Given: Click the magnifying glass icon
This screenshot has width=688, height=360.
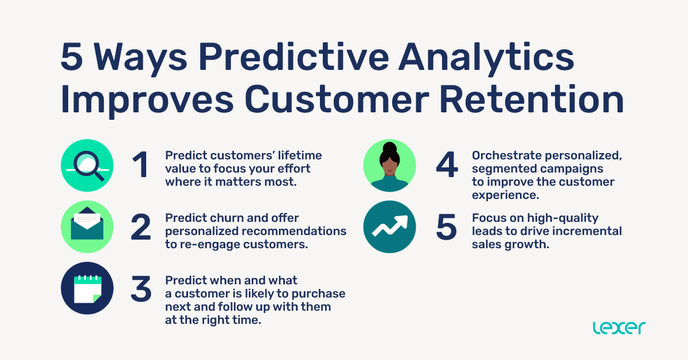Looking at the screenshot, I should (87, 166).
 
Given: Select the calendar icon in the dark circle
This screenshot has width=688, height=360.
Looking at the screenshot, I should (87, 288).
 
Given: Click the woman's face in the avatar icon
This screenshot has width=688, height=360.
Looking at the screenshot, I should (389, 163).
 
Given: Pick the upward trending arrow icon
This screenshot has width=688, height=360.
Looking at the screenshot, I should (389, 227).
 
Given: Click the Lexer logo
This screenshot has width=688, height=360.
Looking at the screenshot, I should (619, 327).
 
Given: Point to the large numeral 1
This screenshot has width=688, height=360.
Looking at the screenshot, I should (140, 166).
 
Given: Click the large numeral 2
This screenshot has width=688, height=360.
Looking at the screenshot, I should (140, 228).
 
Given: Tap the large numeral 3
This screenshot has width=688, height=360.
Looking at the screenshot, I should (140, 289).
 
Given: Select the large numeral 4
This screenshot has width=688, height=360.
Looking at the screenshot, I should (447, 166).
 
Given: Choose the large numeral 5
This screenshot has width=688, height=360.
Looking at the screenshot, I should (447, 228).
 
